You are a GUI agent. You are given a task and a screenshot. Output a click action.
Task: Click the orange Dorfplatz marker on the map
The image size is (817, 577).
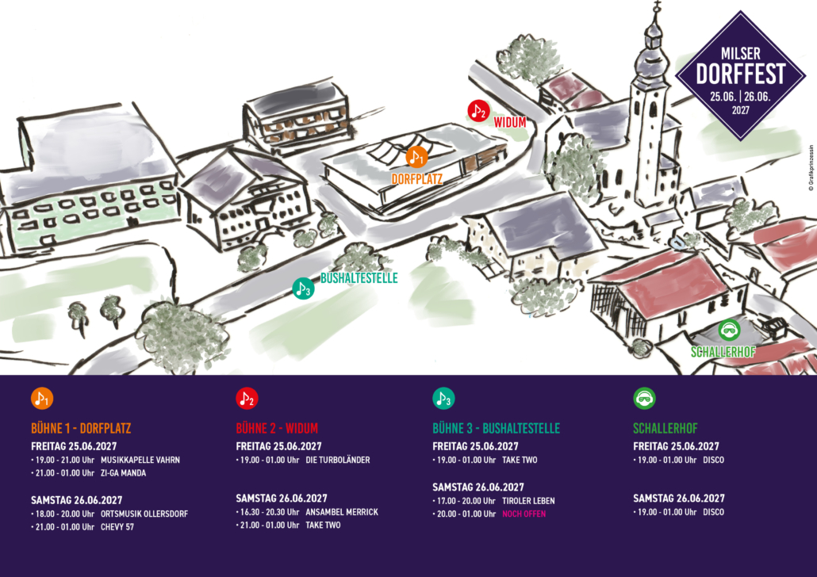point(416,157)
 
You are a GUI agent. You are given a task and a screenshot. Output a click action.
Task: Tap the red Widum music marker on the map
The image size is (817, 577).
point(478,111)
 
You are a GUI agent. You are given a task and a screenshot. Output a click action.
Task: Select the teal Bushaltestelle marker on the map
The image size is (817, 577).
point(303,289)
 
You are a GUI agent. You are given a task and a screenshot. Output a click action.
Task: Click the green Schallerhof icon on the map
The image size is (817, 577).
point(729,331)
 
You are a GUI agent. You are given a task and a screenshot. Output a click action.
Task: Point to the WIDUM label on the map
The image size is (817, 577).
point(509,122)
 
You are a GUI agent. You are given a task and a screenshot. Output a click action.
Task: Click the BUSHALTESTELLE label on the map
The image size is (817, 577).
point(359,278)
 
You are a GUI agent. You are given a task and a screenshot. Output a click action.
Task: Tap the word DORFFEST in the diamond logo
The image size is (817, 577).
point(740,74)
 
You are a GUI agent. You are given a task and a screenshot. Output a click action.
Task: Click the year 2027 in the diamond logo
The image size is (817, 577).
point(740,110)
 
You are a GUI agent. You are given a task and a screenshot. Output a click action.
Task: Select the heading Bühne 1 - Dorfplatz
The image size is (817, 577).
point(81,429)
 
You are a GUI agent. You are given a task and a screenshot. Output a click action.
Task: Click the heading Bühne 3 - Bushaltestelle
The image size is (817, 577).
point(496,429)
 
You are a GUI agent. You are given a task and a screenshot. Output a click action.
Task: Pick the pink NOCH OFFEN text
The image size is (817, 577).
point(524,514)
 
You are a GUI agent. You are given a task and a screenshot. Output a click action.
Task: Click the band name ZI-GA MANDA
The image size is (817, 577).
point(123,473)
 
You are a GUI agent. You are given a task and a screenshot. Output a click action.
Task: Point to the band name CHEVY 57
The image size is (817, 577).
point(117,527)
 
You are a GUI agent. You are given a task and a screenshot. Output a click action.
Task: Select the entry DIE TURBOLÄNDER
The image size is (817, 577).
point(338,460)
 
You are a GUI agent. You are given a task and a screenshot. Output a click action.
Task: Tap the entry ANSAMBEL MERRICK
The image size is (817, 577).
point(342,512)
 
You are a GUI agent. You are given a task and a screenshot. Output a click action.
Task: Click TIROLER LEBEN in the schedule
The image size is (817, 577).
point(528,501)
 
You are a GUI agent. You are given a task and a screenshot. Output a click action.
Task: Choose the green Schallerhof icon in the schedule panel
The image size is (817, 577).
point(644,399)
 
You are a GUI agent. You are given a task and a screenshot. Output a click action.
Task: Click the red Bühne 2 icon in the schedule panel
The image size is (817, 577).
point(247,399)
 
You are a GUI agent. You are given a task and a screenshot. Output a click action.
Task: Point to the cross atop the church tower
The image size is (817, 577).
point(657,7)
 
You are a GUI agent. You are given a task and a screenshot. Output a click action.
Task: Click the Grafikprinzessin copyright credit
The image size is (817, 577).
point(811,168)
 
